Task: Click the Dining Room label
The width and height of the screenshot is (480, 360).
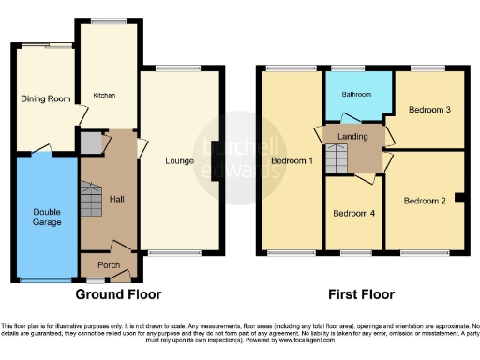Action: tap(47, 97)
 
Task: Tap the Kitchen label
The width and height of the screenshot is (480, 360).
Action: tap(103, 95)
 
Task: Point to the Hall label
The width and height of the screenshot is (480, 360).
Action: tap(116, 200)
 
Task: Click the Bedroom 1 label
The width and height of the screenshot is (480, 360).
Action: tap(292, 160)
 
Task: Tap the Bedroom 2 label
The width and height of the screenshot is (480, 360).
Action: tap(427, 200)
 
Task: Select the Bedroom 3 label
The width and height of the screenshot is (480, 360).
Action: tap(430, 110)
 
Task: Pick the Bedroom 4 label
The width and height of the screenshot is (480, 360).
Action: tap(353, 213)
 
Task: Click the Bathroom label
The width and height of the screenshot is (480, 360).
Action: tap(356, 95)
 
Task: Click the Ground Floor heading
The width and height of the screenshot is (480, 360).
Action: tap(118, 293)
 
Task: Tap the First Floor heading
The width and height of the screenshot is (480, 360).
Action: tap(364, 293)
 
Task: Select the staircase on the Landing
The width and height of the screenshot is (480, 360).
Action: tap(337, 160)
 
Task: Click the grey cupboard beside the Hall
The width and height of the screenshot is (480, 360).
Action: tap(90, 143)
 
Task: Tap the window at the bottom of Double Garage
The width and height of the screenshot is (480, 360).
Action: tap(47, 279)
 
